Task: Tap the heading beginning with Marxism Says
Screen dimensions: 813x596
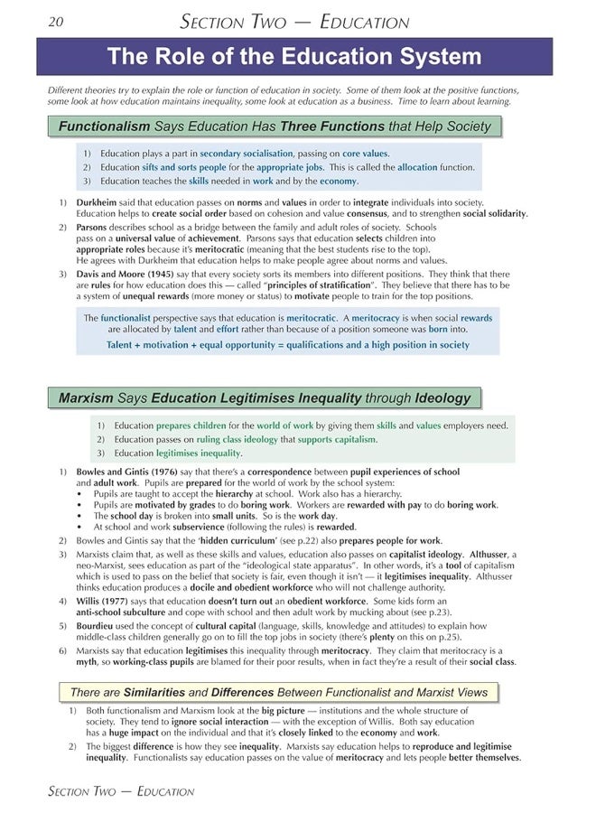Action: coord(265,397)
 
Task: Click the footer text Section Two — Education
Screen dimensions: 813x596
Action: coord(120,792)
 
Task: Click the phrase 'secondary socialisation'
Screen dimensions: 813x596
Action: coord(247,154)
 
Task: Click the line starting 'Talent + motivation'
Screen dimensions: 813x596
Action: coord(288,345)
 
